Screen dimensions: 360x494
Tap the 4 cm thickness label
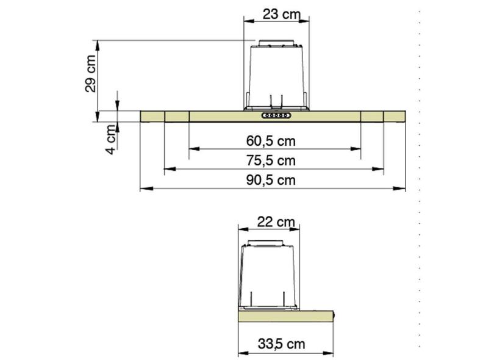[x=110, y=139]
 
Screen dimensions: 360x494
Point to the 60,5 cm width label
[x=271, y=141]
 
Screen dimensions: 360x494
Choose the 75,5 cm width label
[x=271, y=160]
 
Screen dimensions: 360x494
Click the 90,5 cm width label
[x=271, y=180]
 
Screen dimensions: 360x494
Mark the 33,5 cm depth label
[x=281, y=344]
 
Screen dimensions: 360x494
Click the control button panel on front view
[x=276, y=115]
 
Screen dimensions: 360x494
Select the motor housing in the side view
[x=269, y=275]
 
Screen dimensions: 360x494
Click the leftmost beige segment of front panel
[x=152, y=116]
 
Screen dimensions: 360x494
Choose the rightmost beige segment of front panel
[x=394, y=116]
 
